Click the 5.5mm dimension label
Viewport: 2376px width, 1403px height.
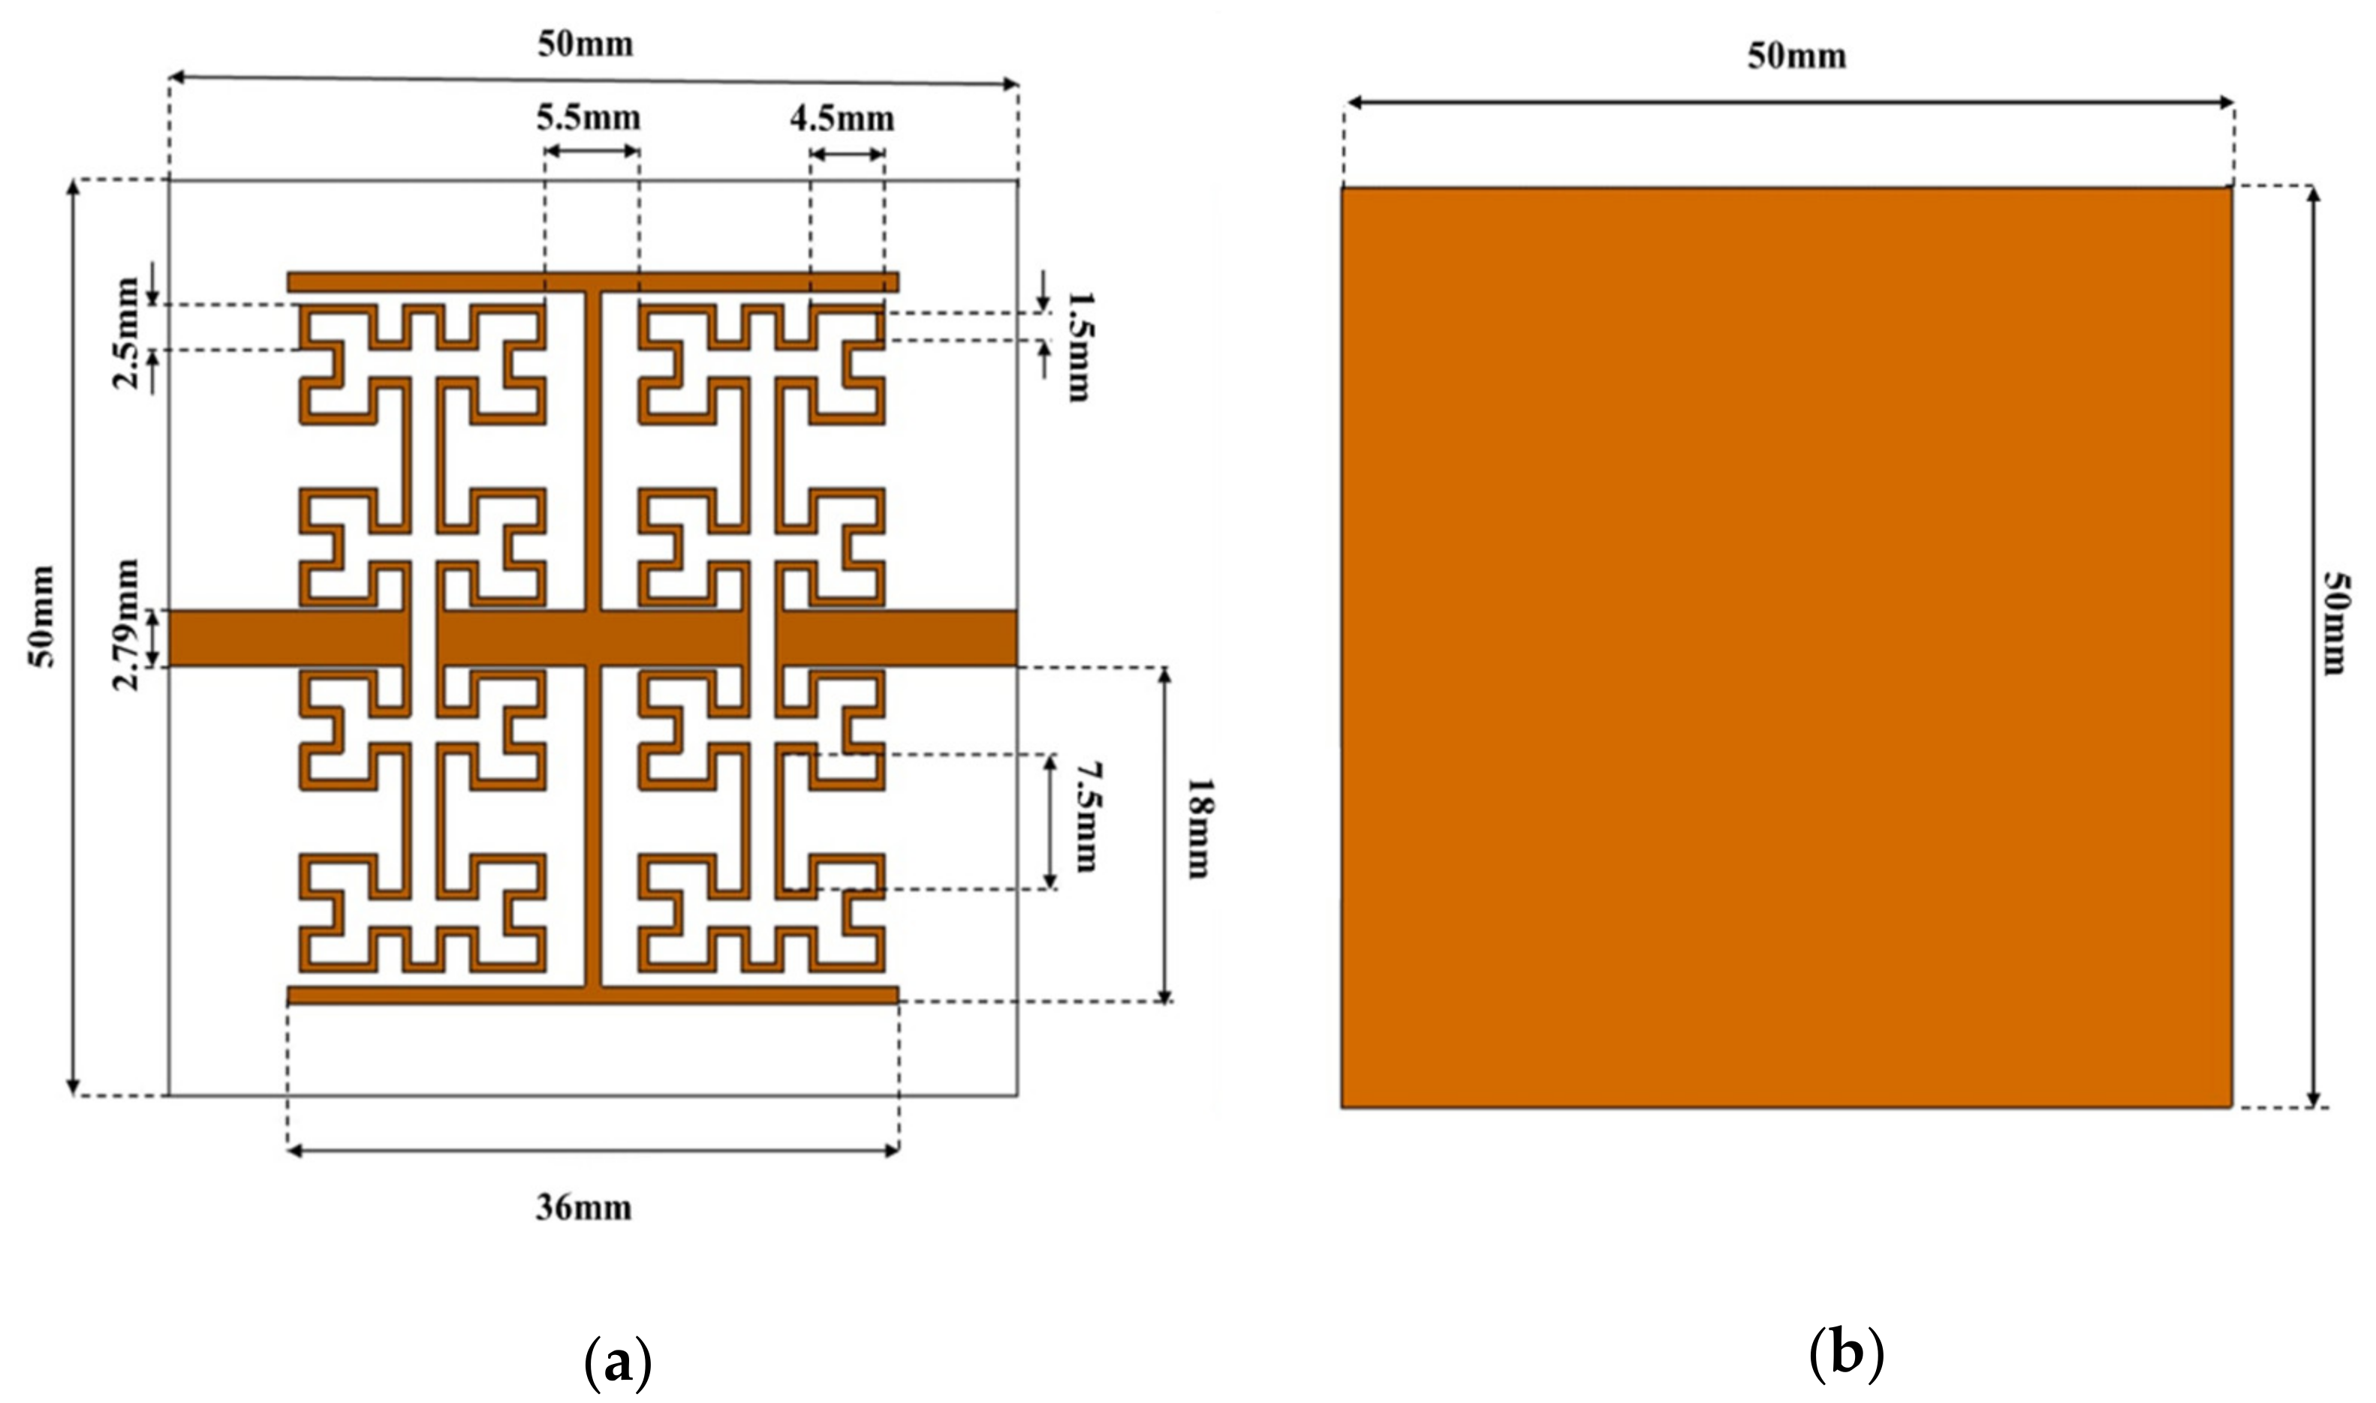(x=589, y=119)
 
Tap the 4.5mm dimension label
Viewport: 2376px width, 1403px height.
(x=842, y=119)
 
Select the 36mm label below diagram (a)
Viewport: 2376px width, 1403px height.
(x=583, y=1207)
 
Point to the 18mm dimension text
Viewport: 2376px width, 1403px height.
(x=1197, y=828)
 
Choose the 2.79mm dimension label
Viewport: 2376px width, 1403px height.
(x=126, y=625)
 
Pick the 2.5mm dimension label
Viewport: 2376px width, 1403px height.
(x=126, y=332)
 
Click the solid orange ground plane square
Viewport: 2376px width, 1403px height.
(x=1787, y=647)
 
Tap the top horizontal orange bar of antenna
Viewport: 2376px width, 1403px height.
(x=593, y=282)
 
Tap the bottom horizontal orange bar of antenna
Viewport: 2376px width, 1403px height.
(x=593, y=995)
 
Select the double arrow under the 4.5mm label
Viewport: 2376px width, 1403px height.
(x=848, y=153)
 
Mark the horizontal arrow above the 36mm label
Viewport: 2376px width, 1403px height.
(x=593, y=1151)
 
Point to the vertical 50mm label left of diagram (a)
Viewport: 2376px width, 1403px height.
(x=43, y=615)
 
